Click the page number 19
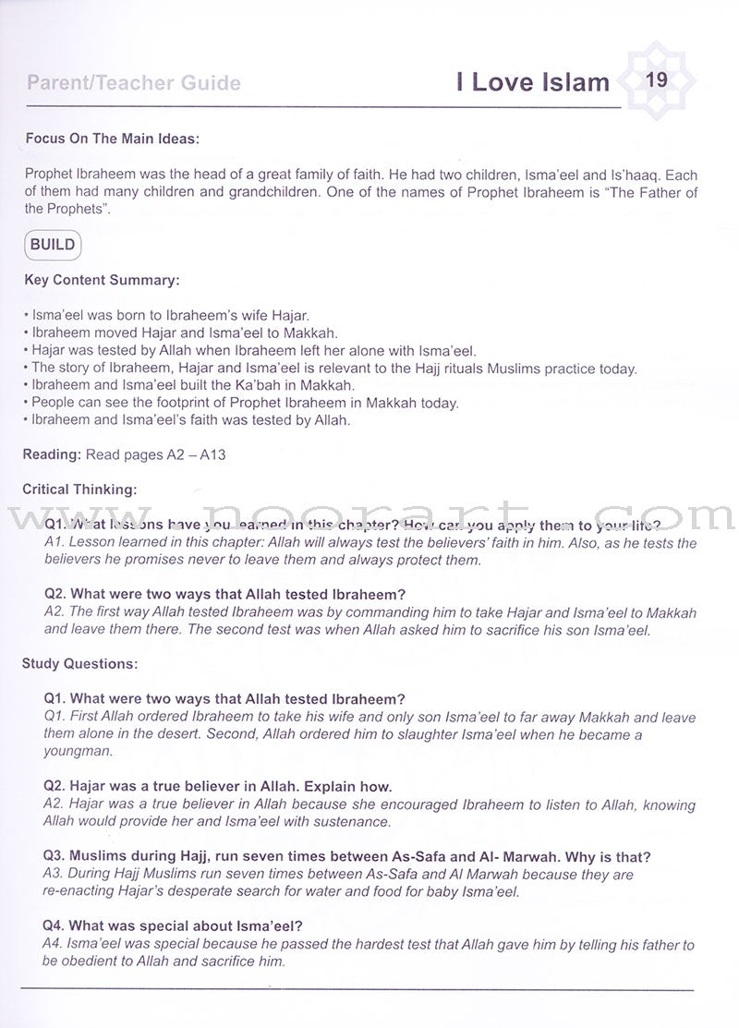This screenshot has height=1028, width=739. point(656,80)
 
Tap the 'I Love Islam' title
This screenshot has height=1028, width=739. point(533,83)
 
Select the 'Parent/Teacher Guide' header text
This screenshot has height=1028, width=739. point(134,84)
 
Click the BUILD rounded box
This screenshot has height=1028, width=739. point(53,246)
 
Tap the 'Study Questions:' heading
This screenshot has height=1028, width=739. point(82,663)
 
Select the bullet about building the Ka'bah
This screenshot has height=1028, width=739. point(195,385)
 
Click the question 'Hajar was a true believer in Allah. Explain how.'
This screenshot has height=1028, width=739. point(205,787)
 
